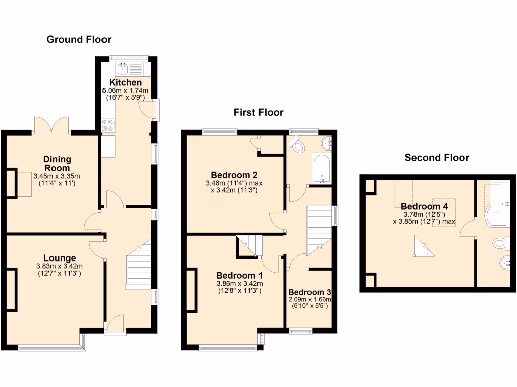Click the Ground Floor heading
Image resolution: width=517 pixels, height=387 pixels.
pos(79,39)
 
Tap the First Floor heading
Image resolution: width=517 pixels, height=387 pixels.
pos(258,112)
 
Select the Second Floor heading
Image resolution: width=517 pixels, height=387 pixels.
pos(437,158)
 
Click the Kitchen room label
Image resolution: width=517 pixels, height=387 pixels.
pos(126,82)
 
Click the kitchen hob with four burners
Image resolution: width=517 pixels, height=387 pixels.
pos(108,125)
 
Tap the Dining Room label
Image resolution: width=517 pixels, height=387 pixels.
pos(57,164)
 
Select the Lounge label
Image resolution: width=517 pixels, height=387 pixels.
pos(59,258)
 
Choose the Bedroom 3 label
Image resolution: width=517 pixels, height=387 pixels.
pos(309,292)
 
